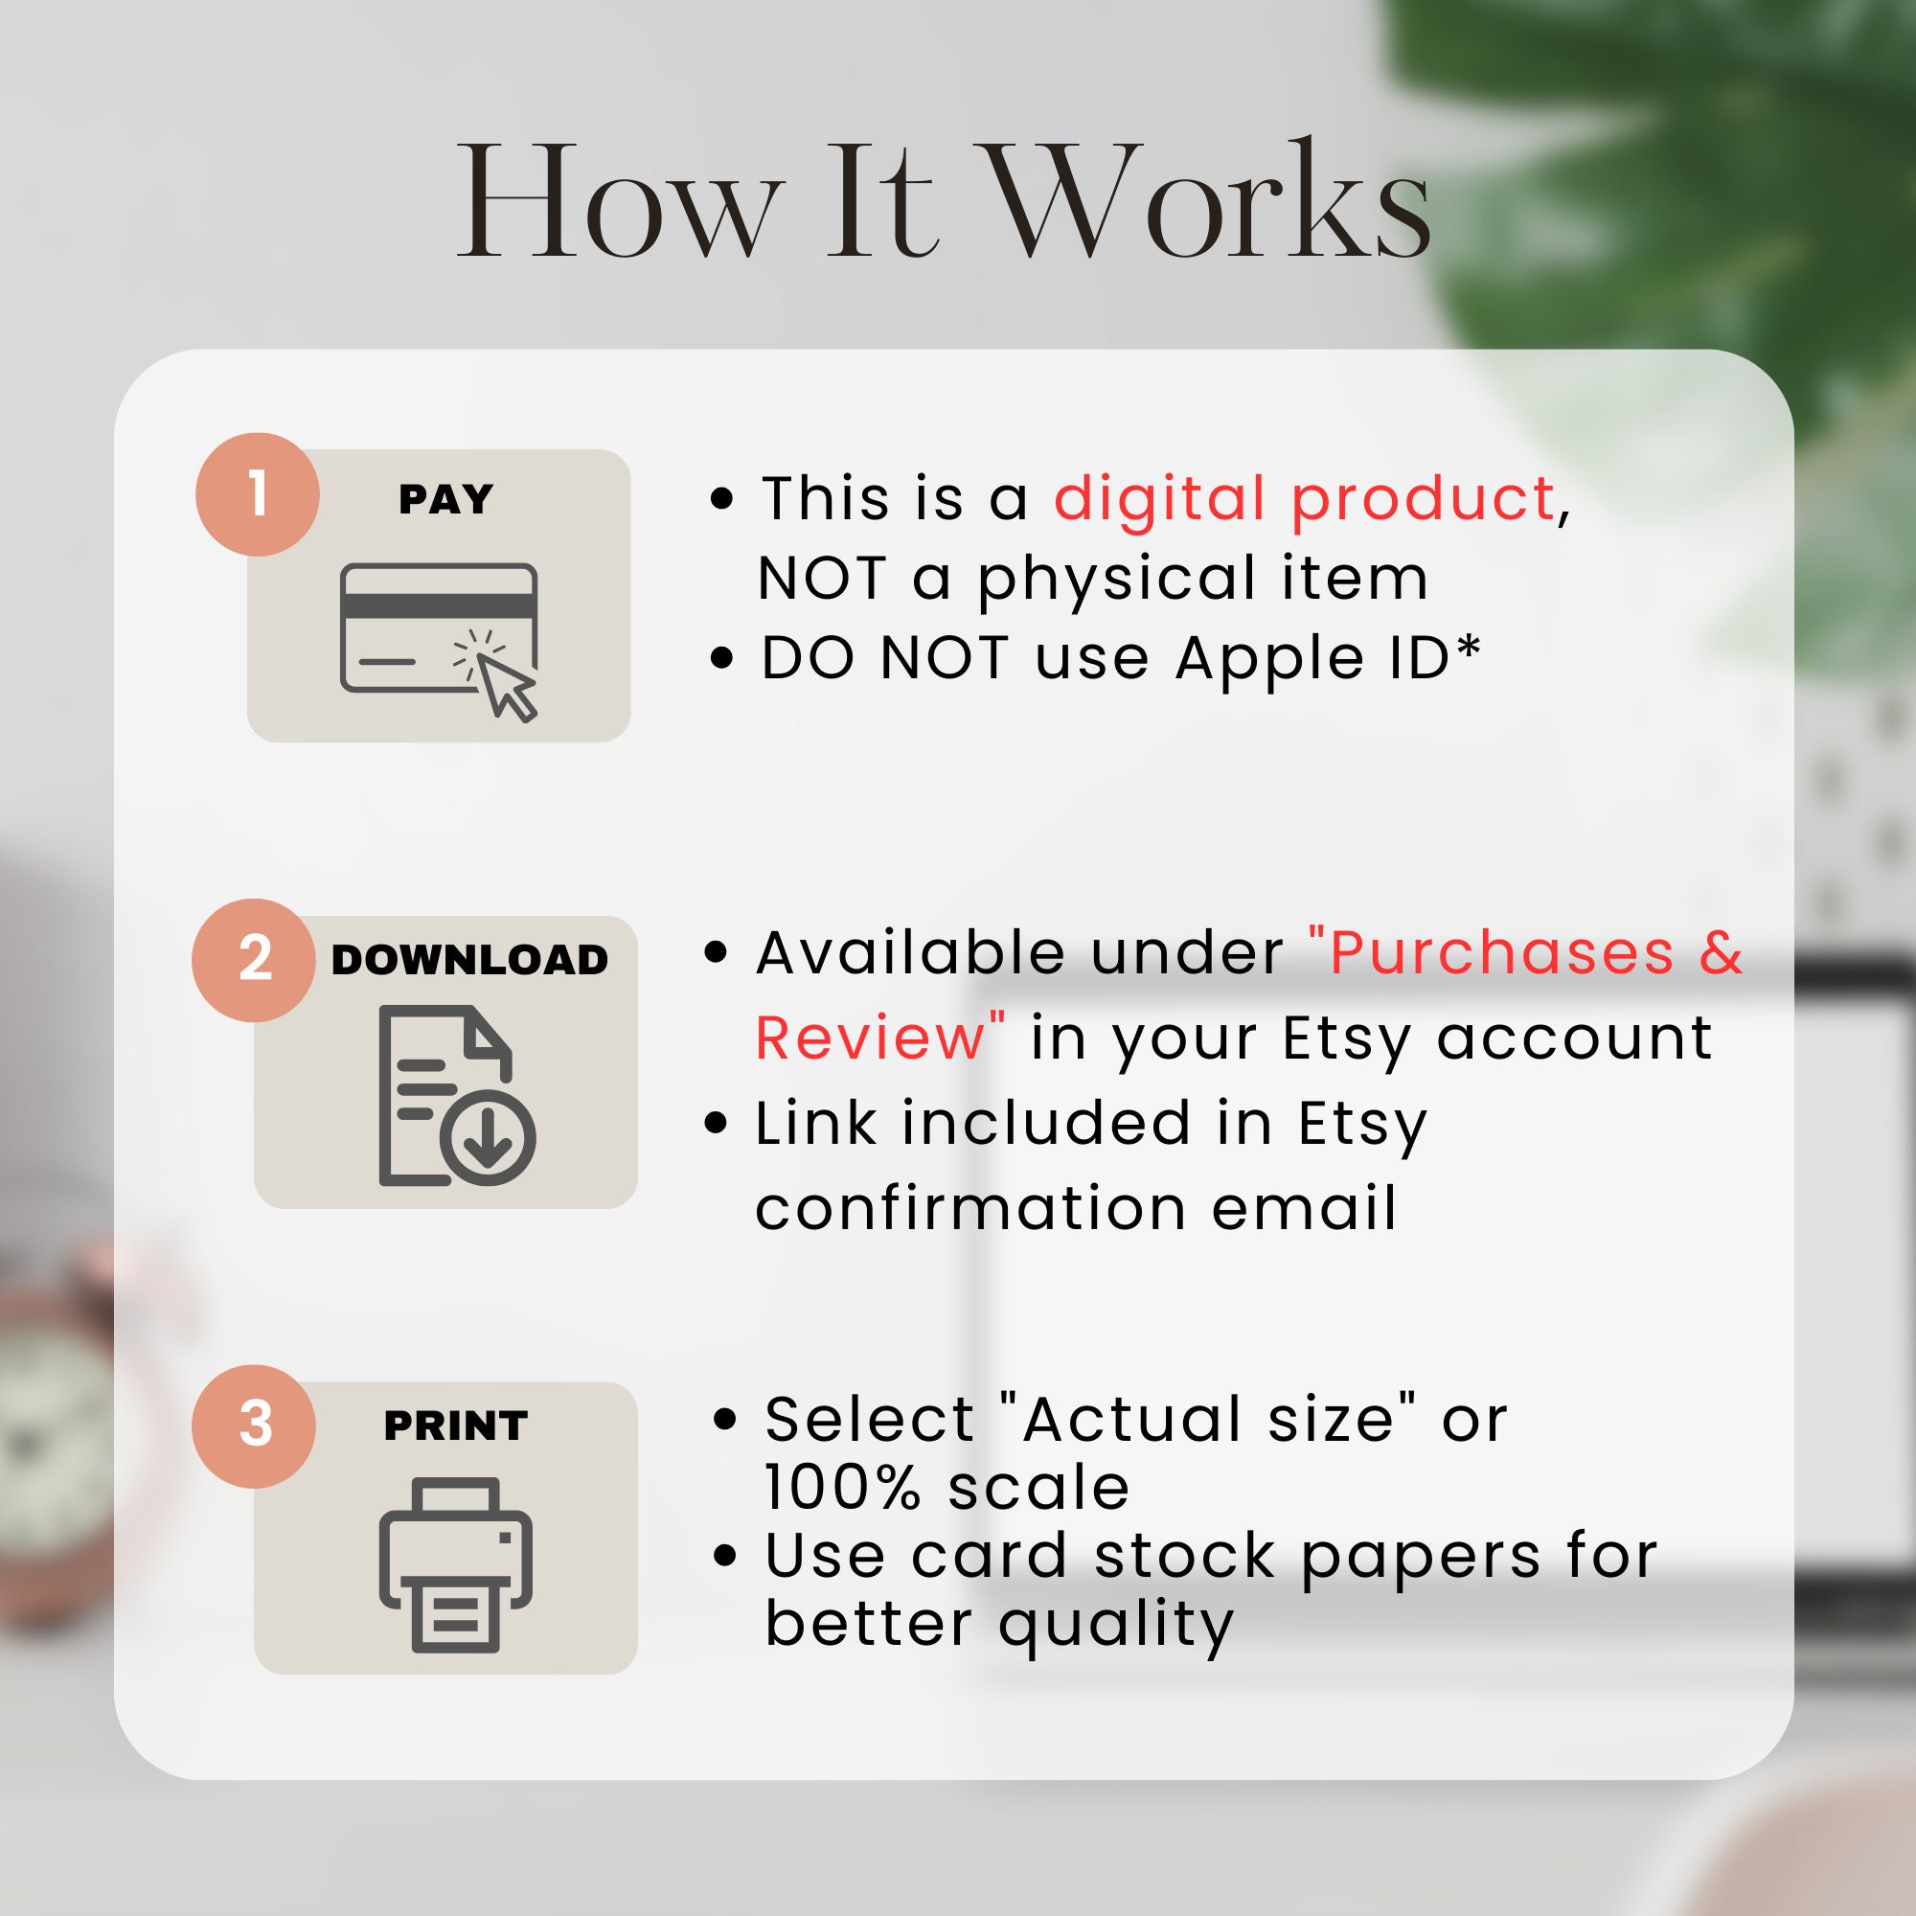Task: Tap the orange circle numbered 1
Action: tap(258, 494)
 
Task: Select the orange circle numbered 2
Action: tap(255, 960)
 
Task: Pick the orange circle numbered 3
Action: tap(255, 1426)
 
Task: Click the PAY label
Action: tap(446, 499)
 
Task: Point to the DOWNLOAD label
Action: tap(470, 959)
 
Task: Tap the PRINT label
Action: tap(456, 1426)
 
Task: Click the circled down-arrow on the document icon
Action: tap(488, 1138)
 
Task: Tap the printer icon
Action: tap(456, 1566)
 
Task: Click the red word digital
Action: tap(1159, 498)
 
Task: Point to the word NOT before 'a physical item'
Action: tap(822, 579)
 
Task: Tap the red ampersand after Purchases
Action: tap(1722, 953)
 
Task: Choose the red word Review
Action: tap(869, 1038)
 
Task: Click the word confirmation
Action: tap(970, 1209)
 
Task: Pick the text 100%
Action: tap(843, 1488)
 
